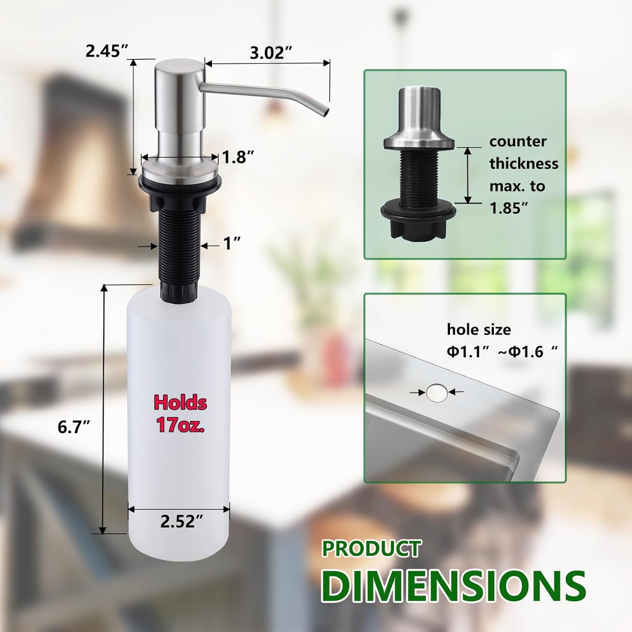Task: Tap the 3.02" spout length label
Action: tap(271, 53)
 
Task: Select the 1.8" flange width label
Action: tap(238, 157)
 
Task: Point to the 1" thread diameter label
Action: tap(232, 244)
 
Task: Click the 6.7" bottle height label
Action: tap(73, 426)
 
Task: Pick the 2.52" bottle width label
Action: tap(182, 521)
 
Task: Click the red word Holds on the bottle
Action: tap(180, 403)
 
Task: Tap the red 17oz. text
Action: tap(180, 425)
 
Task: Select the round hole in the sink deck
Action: tap(437, 393)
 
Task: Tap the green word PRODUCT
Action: tap(372, 549)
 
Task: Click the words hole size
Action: tap(478, 329)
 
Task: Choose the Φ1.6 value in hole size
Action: tap(527, 352)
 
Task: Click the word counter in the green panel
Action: tap(518, 141)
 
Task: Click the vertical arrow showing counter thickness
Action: tap(468, 175)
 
